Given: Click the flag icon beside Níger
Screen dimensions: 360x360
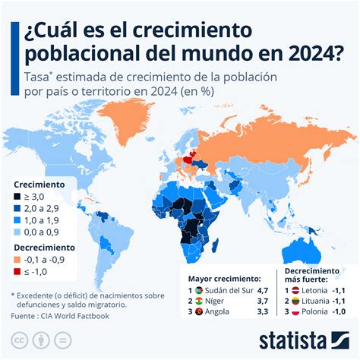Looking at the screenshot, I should click(x=199, y=301).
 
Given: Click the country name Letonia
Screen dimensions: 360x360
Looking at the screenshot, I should click(x=312, y=290).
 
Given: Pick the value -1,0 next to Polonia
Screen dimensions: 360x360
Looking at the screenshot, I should click(x=340, y=311).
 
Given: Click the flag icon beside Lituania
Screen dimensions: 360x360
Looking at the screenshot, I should click(x=292, y=301).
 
